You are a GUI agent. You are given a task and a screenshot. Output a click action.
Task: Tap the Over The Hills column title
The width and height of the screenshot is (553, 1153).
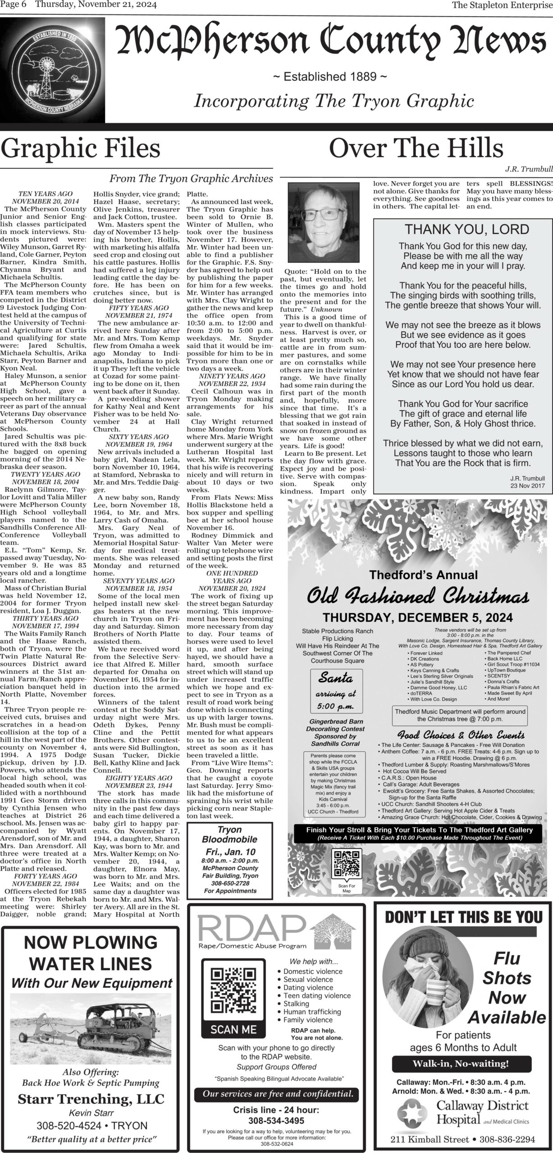[416, 148]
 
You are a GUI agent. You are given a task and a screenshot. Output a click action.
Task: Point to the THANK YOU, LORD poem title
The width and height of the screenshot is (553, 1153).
[466, 229]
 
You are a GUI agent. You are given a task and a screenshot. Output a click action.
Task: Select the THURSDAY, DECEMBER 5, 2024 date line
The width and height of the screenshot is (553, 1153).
[418, 618]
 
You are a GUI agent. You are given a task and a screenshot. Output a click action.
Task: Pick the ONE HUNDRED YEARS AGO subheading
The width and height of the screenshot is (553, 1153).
[232, 577]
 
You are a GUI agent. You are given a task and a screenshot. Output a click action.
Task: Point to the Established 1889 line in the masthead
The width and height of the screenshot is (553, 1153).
[330, 77]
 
